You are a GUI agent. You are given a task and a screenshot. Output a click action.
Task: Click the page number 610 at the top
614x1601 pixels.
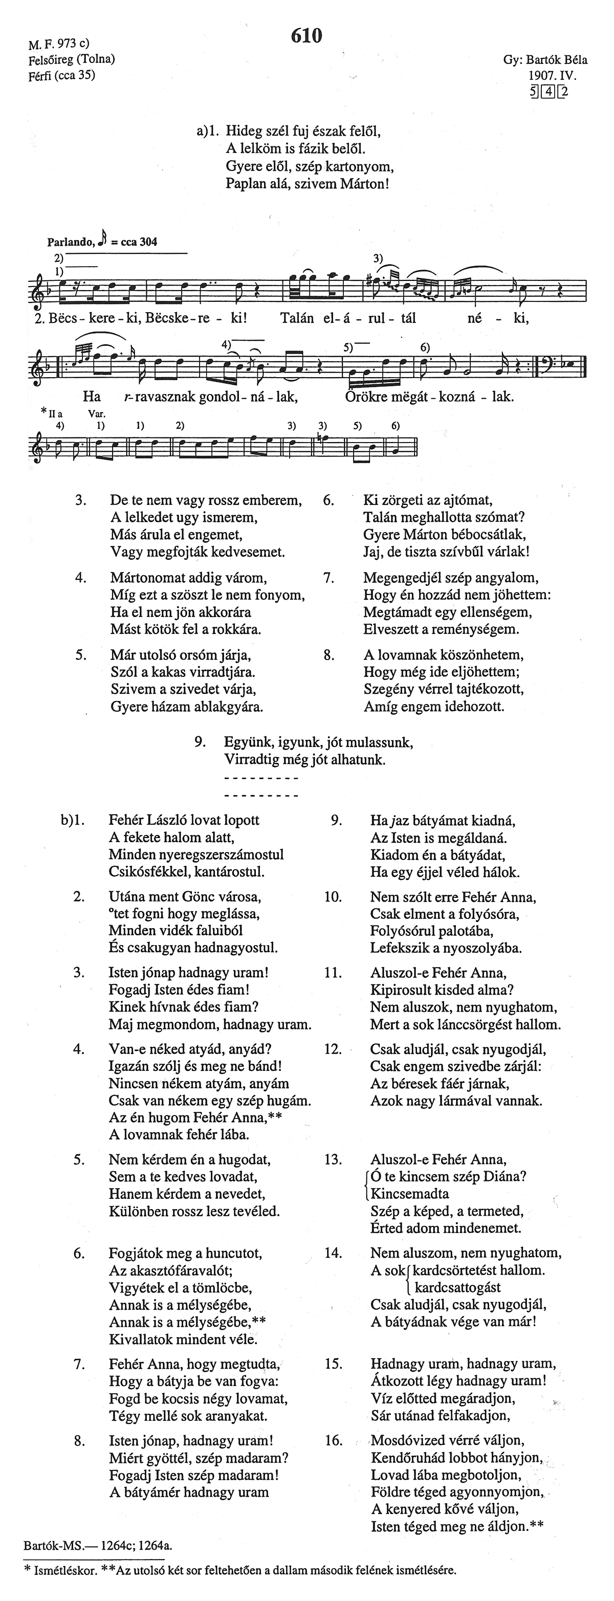point(306,37)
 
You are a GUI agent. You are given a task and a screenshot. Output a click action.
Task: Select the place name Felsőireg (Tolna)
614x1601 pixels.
point(72,60)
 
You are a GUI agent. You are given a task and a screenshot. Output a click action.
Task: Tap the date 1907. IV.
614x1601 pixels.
point(553,76)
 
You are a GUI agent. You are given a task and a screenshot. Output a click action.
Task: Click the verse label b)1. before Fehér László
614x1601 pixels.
point(72,820)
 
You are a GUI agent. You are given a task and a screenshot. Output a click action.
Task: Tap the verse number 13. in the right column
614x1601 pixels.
point(333,1159)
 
